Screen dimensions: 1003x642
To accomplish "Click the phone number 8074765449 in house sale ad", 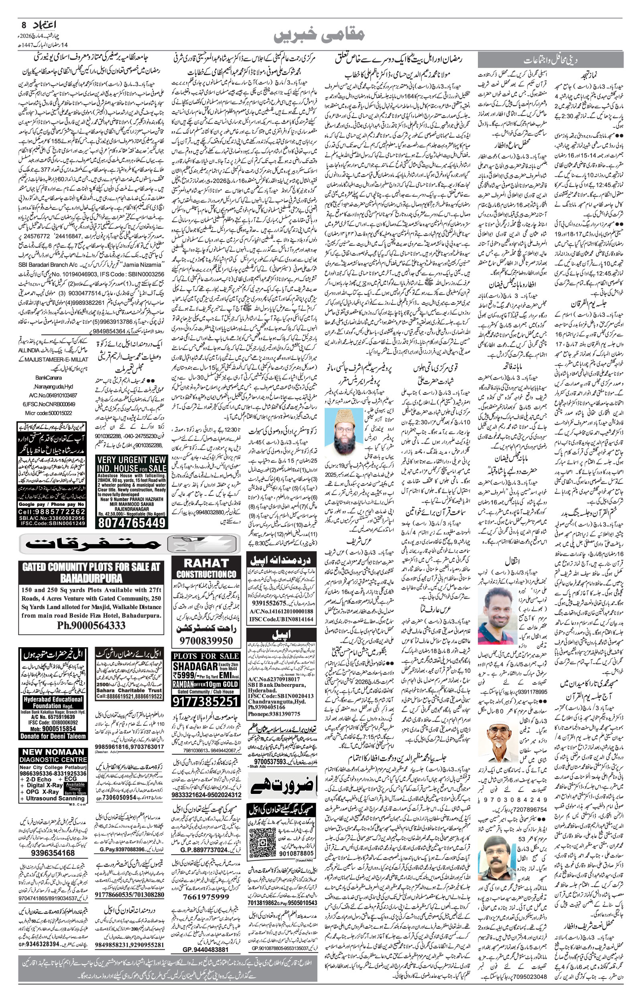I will click(x=131, y=522).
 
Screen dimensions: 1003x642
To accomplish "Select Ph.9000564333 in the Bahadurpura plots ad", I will click(x=91, y=625).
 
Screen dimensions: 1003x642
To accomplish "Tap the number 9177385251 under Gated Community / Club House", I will click(x=205, y=702).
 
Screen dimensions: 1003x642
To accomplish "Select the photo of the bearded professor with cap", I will click(x=342, y=433).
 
